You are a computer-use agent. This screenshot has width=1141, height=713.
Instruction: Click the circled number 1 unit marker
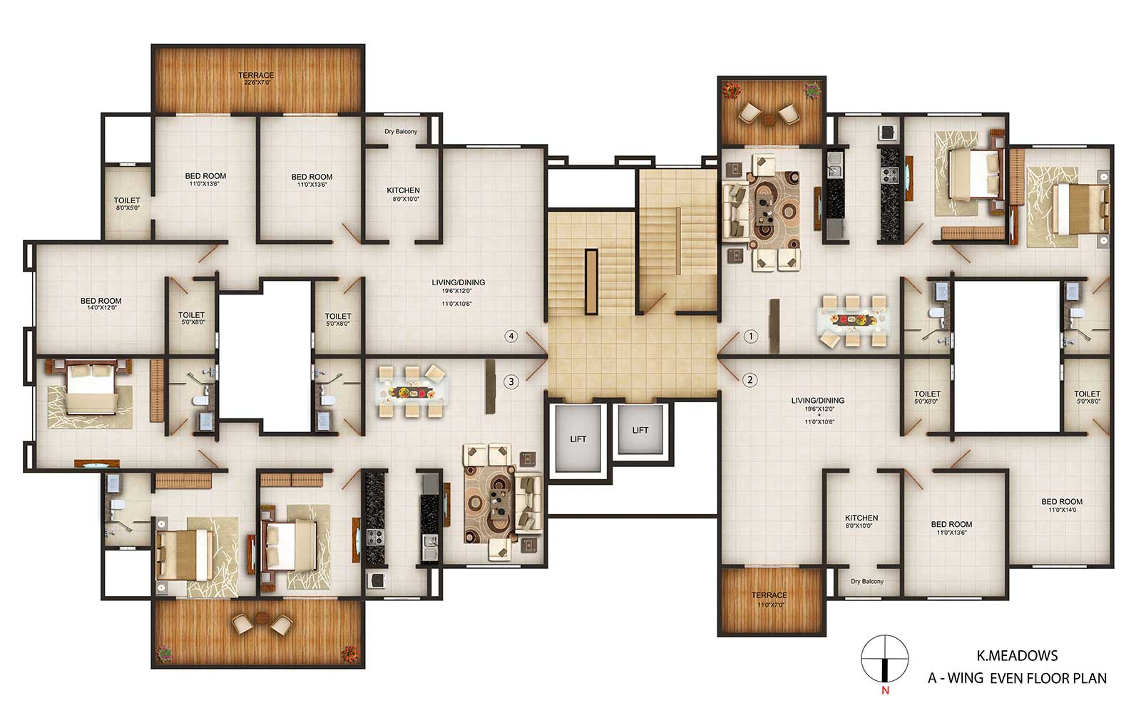coord(750,336)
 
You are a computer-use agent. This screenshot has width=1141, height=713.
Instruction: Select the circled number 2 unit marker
coord(749,380)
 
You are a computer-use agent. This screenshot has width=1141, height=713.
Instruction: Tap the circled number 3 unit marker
coord(511,381)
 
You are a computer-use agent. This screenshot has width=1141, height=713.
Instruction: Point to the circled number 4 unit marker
coord(511,336)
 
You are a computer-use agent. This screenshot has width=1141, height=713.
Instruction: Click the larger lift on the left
coord(578,438)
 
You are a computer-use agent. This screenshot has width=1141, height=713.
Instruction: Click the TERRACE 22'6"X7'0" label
coord(256,78)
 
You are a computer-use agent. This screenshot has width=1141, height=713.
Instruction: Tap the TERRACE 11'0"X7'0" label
coord(769,599)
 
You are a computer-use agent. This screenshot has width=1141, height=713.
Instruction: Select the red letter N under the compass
coord(885,691)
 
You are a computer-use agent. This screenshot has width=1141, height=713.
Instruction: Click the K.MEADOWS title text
coord(1017,655)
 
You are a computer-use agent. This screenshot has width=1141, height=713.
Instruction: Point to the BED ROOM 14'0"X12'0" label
coord(101,304)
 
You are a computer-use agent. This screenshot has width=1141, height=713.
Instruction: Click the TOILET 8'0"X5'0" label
coord(127,204)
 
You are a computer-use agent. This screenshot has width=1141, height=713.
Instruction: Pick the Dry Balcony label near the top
coord(401,131)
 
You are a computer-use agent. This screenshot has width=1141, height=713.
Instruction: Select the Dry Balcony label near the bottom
coord(867,581)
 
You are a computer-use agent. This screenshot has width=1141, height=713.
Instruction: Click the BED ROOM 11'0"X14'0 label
coord(1062,506)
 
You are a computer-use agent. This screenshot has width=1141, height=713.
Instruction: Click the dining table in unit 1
coord(853,321)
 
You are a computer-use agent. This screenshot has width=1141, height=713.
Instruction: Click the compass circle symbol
coord(884,658)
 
